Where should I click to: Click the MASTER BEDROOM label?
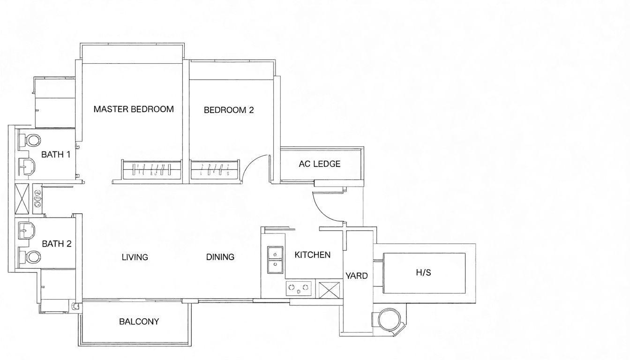[134, 109]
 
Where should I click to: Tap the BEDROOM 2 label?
[229, 110]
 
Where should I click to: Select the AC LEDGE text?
[320, 164]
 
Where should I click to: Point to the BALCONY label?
[139, 322]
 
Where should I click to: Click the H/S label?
[423, 272]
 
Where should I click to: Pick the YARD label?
[357, 276]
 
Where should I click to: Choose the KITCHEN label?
[313, 255]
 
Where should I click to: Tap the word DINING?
[220, 257]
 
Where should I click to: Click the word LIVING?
[135, 257]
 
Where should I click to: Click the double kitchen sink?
[275, 260]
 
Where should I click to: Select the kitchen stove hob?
[299, 288]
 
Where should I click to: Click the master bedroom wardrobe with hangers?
[151, 170]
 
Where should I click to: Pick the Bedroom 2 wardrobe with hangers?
[215, 170]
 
